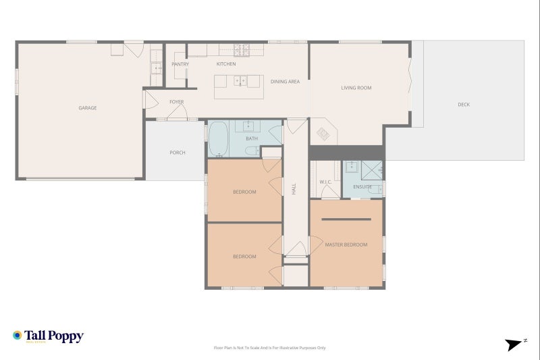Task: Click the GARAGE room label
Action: (x=87, y=108)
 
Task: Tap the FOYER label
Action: (x=176, y=102)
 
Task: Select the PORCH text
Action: (x=177, y=153)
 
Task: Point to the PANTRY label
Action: (x=180, y=64)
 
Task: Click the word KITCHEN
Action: (x=225, y=64)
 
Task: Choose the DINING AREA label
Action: (x=285, y=82)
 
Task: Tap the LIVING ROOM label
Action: (x=356, y=88)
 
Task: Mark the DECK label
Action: (x=464, y=105)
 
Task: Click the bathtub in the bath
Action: (x=217, y=138)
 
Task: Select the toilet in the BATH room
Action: (x=249, y=152)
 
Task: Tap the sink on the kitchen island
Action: (x=239, y=81)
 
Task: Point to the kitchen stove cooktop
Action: (x=242, y=49)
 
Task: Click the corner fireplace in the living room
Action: (x=323, y=132)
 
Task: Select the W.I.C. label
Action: (x=325, y=182)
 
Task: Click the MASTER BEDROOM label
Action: (x=346, y=245)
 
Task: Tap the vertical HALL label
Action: (x=294, y=190)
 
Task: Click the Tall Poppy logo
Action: (x=48, y=336)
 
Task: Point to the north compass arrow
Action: (x=516, y=344)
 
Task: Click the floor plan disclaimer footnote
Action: (x=269, y=348)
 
